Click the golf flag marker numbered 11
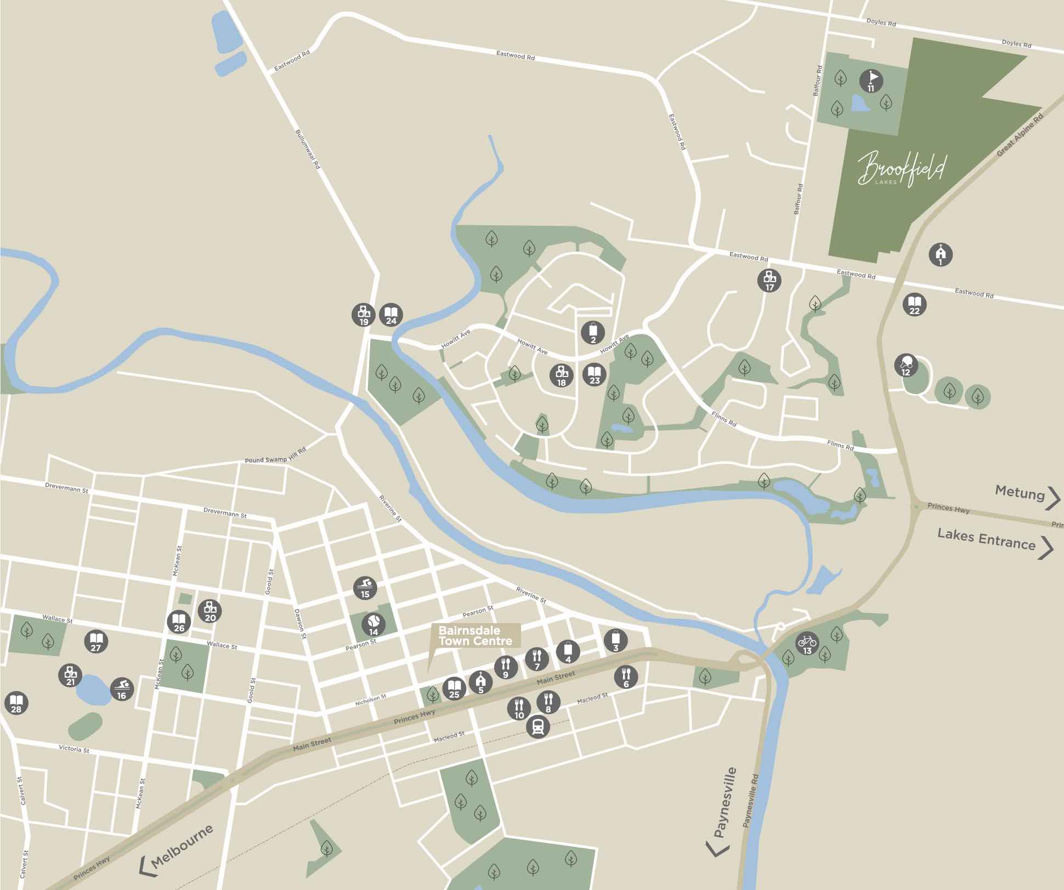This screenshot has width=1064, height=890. coord(871,81)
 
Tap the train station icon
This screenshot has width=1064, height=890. coord(537,727)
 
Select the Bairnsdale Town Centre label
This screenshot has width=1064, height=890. coord(475,636)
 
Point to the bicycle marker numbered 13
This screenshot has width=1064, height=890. coord(807,643)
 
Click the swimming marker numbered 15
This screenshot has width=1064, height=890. coord(365,587)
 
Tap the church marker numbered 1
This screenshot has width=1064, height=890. coord(941,254)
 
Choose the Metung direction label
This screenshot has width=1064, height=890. coord(1020,493)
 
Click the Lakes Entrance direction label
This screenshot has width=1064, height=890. coord(986,539)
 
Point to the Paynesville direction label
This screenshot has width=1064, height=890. coord(725,803)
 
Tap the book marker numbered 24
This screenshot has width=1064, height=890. coord(391,315)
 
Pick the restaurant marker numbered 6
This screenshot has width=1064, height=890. coord(626,677)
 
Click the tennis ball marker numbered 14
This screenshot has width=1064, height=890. coord(373,624)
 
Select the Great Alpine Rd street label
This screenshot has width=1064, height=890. coord(1020,135)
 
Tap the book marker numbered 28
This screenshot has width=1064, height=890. coord(16,703)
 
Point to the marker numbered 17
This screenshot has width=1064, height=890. coord(769,280)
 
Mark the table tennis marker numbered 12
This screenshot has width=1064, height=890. coord(906,365)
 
